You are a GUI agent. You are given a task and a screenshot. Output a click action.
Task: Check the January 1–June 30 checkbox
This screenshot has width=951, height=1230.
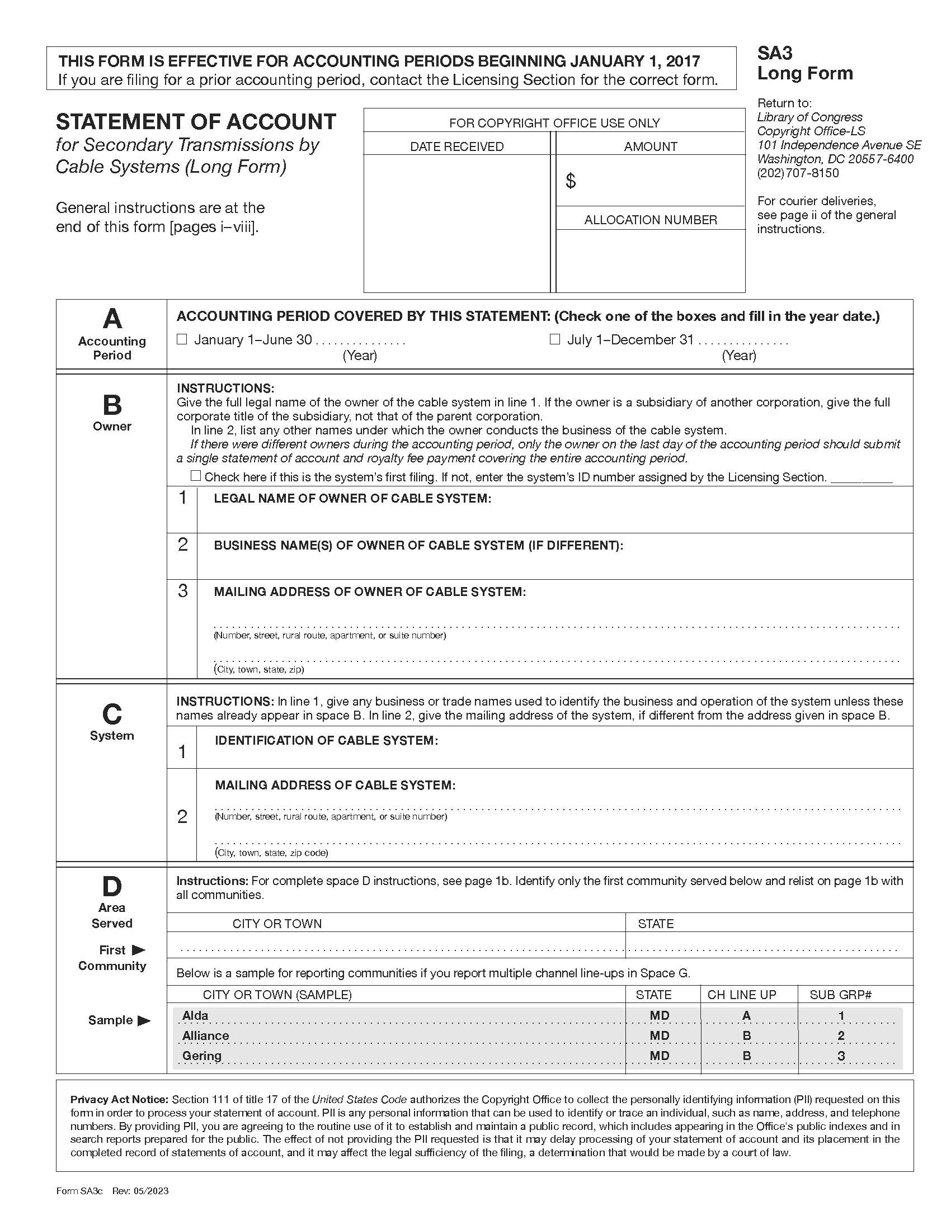(x=181, y=339)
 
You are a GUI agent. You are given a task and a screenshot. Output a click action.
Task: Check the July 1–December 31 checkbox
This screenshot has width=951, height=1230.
(x=554, y=339)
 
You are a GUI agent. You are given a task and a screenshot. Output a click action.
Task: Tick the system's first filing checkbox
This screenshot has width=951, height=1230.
(x=195, y=476)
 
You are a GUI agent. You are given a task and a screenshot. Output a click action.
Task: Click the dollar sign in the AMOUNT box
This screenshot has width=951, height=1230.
(x=570, y=181)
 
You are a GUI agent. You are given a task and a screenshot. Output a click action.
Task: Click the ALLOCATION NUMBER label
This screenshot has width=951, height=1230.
(x=650, y=220)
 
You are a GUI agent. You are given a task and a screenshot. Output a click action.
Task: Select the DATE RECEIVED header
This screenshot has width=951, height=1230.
(x=456, y=146)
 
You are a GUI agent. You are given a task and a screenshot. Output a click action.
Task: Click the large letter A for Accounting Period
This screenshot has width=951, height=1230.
(x=112, y=319)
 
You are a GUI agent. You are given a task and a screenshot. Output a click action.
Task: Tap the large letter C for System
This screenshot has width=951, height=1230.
(x=111, y=714)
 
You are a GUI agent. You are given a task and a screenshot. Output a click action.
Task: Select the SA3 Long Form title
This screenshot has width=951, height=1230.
(x=804, y=63)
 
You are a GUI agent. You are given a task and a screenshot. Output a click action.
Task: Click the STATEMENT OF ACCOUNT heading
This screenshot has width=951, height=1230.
(x=195, y=122)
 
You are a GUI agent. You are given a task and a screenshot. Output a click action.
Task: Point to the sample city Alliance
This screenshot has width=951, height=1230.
(x=206, y=1035)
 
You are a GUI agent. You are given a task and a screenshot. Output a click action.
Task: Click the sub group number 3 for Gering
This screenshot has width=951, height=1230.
(x=841, y=1056)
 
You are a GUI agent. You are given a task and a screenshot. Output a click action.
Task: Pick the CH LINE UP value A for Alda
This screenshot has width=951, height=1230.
(x=746, y=1015)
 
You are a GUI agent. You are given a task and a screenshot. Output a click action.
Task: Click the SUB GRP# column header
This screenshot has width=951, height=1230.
(x=840, y=995)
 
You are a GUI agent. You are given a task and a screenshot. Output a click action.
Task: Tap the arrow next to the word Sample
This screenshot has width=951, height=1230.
(x=144, y=1020)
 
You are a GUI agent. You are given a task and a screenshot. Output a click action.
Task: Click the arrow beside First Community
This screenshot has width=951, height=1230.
(x=138, y=950)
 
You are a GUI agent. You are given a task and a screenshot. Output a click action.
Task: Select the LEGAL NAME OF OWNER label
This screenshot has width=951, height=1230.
(x=352, y=498)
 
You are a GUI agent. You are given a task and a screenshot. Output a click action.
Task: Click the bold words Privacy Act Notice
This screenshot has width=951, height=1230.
(x=119, y=1099)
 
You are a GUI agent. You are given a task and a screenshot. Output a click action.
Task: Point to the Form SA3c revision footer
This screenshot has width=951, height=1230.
(x=112, y=1190)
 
